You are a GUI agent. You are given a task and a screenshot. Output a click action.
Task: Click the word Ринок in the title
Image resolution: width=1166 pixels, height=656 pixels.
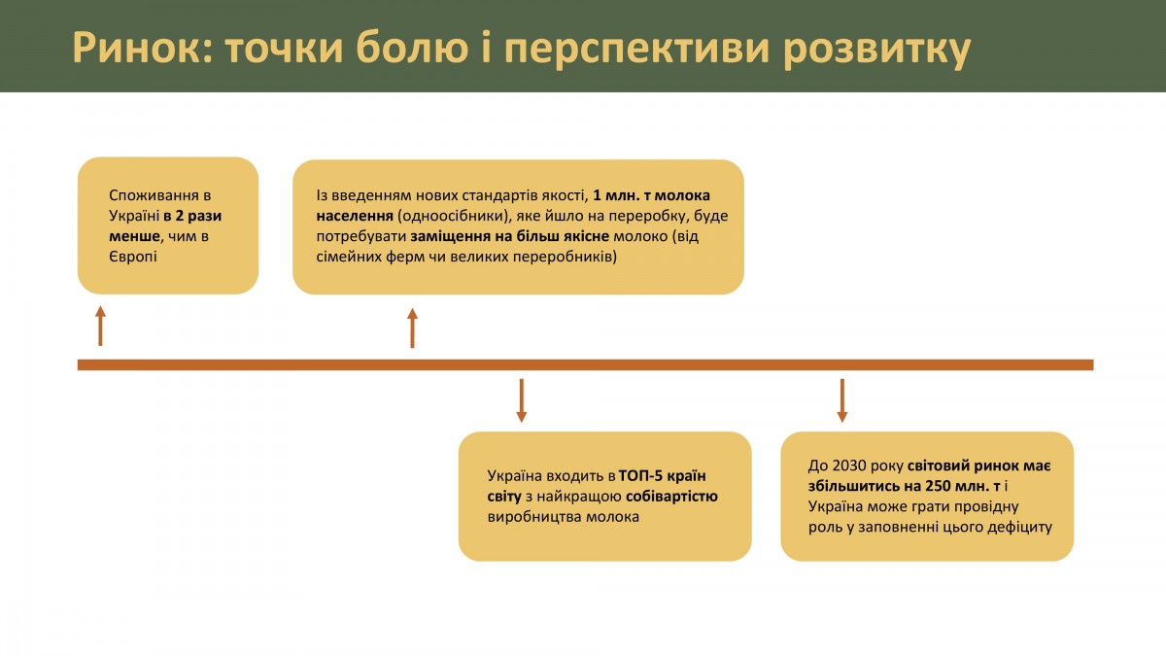[x=142, y=48]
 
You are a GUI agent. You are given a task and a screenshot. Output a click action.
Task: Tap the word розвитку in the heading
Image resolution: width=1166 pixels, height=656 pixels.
[x=877, y=49]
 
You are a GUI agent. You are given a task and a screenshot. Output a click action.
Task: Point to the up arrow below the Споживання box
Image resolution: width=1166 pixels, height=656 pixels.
[x=100, y=326]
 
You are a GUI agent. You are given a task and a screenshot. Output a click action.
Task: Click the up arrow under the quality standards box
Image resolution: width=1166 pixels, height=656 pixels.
[x=412, y=328]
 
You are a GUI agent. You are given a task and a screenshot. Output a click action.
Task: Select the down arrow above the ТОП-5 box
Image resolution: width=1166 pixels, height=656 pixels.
[x=521, y=400]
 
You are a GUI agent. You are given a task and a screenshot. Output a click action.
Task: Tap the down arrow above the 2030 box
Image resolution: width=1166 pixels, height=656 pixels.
[x=842, y=400]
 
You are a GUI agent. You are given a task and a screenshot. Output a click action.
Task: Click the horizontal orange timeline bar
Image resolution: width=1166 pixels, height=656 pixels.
[x=586, y=364]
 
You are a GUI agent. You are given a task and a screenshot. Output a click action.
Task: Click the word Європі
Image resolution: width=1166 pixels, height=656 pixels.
[x=133, y=257]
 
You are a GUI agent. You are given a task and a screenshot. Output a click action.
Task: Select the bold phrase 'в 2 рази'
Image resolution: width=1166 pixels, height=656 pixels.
[x=192, y=216]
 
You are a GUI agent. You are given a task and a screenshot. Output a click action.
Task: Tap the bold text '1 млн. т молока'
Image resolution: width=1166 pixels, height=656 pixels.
[x=651, y=195]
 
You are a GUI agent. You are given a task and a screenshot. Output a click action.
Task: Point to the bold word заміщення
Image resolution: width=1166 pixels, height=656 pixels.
[x=450, y=237]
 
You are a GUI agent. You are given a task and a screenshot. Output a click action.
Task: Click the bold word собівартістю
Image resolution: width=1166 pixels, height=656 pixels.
[x=671, y=497]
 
